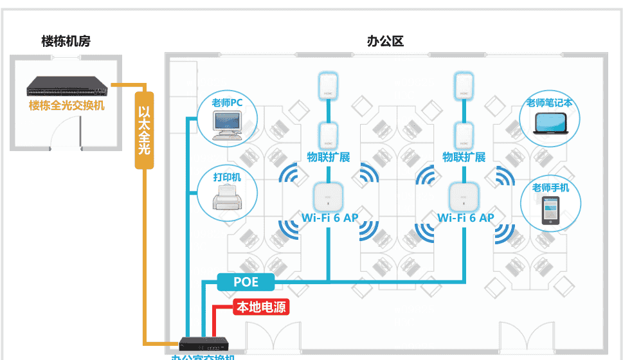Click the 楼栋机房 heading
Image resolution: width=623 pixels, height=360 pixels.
point(66,42)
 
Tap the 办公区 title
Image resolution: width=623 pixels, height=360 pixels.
point(385,42)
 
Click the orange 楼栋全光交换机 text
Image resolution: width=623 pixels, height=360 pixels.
point(66,105)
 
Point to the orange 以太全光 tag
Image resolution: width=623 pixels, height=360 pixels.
point(145,129)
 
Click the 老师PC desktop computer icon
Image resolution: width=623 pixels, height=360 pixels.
point(228,125)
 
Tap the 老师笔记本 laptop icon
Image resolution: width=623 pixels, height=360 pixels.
point(550,125)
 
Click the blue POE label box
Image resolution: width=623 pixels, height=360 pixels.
point(246,281)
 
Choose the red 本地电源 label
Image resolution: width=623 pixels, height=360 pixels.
point(261,308)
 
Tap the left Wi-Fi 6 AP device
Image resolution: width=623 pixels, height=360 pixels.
point(329,197)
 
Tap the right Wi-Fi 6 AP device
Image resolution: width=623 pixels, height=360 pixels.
point(464,197)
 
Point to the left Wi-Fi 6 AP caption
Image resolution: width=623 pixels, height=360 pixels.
point(330,218)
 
